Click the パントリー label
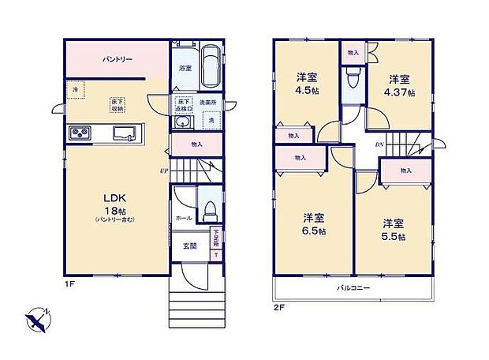click(x=116, y=59)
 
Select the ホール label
click(x=182, y=216)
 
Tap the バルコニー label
click(x=354, y=288)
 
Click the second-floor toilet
click(x=353, y=79)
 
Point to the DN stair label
click(x=379, y=144)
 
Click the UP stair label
click(x=163, y=171)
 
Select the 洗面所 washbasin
click(x=184, y=123)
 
